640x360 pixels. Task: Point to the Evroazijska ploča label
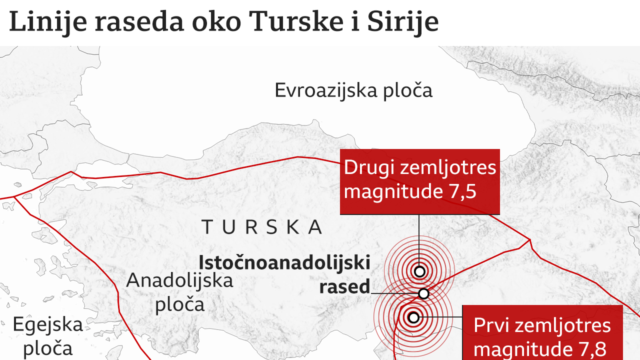353,91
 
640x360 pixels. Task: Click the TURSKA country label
262,227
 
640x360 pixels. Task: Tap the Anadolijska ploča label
180,292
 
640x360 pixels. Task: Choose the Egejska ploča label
47,336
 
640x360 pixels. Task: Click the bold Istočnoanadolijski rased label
284,274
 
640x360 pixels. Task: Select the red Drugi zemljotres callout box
419,181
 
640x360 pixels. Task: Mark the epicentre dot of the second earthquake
419,271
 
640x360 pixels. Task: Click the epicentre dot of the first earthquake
413,317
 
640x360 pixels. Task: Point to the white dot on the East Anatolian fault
423,293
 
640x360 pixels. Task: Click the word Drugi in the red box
369,167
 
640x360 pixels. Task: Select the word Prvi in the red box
491,325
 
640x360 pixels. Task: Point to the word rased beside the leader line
344,287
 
